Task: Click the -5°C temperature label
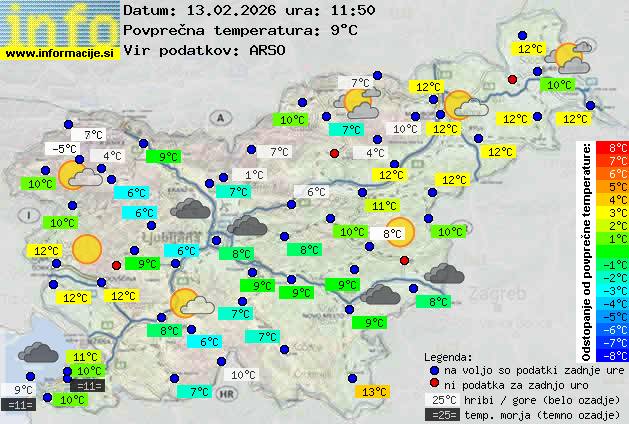point(64,149)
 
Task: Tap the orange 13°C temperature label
point(374,392)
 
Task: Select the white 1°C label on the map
point(254,174)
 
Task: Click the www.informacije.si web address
point(60,54)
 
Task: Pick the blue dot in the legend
point(433,370)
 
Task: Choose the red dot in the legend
point(433,384)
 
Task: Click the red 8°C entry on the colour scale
point(612,147)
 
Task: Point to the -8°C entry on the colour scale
point(612,354)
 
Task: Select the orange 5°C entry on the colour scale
point(612,186)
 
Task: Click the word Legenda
point(449,356)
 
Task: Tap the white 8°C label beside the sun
point(393,234)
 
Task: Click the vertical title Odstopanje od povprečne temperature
point(588,250)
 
